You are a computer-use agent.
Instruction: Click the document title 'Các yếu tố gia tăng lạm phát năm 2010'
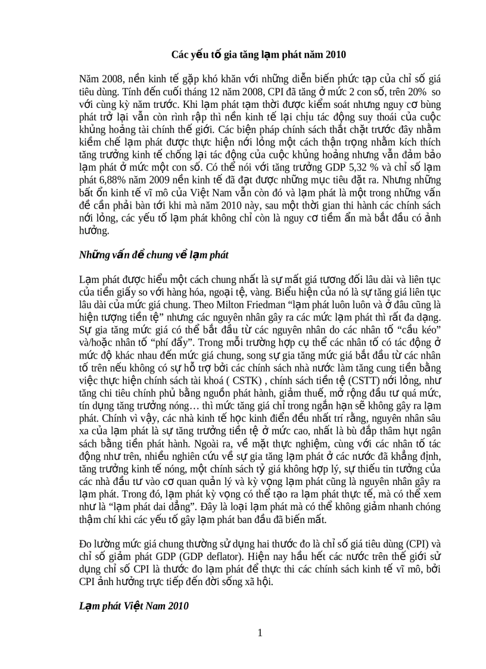point(258,55)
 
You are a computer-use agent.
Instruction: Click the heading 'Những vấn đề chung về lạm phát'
point(154,255)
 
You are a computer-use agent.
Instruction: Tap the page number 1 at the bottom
point(260,633)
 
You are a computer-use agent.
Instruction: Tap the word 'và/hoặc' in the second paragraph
point(94,343)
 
